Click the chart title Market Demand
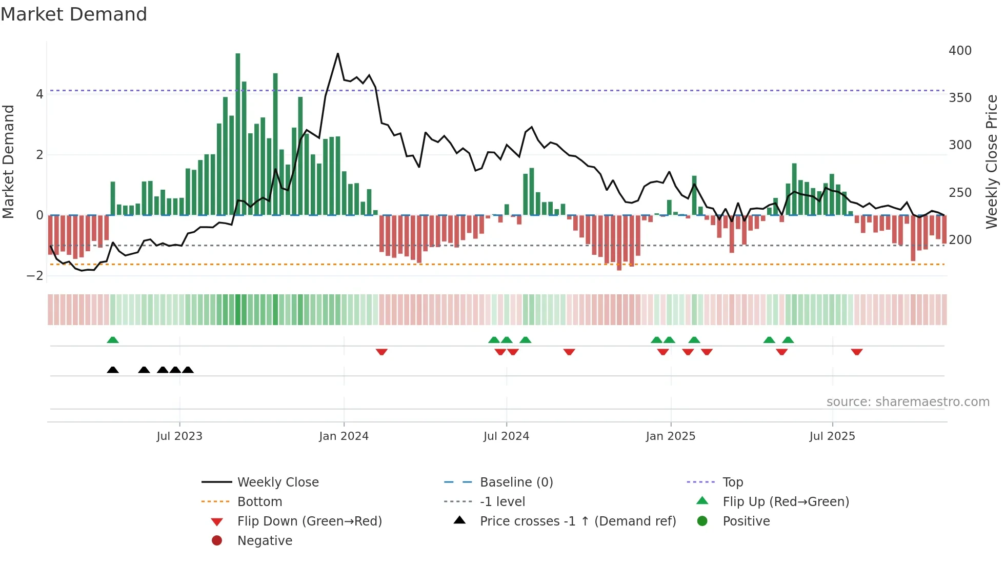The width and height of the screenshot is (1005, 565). [x=74, y=14]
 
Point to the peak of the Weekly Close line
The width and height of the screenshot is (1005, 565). [x=338, y=53]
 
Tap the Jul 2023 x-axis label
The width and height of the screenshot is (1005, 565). [x=179, y=436]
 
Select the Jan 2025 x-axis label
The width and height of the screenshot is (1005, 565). [x=670, y=436]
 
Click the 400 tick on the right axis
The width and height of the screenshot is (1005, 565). [x=960, y=51]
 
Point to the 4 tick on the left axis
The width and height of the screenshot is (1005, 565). [x=39, y=94]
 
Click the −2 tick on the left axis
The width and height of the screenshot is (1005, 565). [x=35, y=276]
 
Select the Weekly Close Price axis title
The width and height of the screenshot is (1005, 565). [x=992, y=162]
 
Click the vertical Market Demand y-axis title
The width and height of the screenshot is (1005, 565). [x=8, y=162]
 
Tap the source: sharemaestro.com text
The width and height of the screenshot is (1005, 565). [x=908, y=402]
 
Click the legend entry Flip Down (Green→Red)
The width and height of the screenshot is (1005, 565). [x=309, y=521]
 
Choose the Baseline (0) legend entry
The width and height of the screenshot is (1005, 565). [x=516, y=482]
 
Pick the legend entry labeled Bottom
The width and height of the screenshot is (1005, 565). [x=259, y=502]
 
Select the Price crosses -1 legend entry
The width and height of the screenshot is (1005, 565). [x=577, y=521]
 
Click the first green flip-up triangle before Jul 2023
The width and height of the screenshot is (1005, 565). [x=113, y=340]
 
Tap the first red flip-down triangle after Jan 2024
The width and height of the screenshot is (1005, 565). [x=381, y=352]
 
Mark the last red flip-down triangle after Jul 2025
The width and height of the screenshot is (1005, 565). [x=857, y=352]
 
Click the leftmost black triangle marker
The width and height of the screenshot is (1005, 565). [x=113, y=370]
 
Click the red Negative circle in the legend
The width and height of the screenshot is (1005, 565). [x=217, y=541]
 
